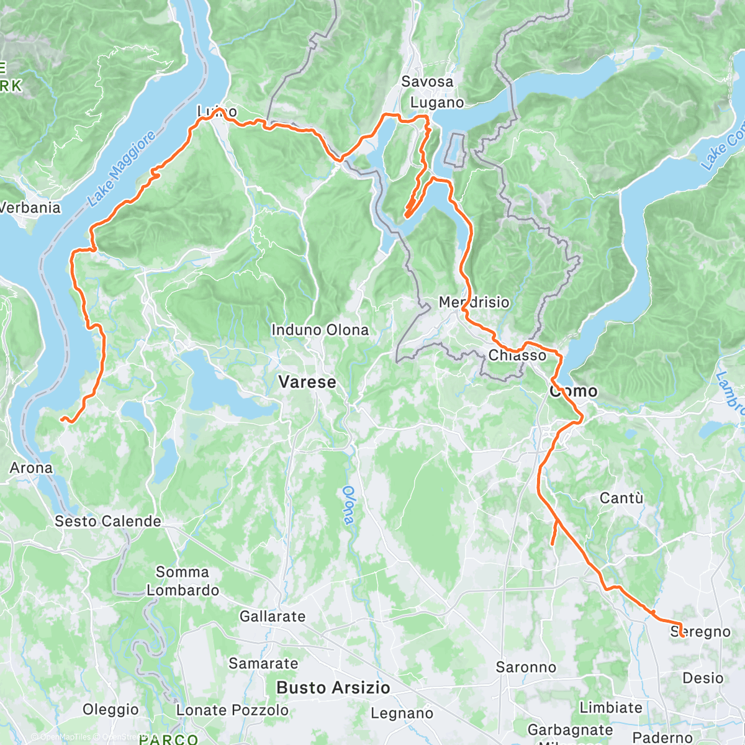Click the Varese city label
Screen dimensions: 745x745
pyautogui.click(x=307, y=382)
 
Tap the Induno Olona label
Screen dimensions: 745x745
pyautogui.click(x=320, y=330)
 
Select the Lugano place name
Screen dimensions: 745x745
pyautogui.click(x=437, y=102)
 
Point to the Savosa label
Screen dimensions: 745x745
pyautogui.click(x=427, y=81)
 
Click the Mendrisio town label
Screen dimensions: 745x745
pyautogui.click(x=474, y=302)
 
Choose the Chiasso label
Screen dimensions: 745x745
pyautogui.click(x=517, y=355)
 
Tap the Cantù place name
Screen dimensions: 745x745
pyautogui.click(x=621, y=498)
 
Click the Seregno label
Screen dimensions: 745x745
pyautogui.click(x=700, y=631)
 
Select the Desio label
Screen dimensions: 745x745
pyautogui.click(x=703, y=677)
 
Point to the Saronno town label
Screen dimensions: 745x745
pyautogui.click(x=526, y=667)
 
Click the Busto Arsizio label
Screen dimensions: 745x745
pyautogui.click(x=333, y=687)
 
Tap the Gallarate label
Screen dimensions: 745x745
pyautogui.click(x=273, y=616)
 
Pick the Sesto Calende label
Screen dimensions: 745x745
pyautogui.click(x=108, y=521)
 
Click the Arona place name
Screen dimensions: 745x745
pyautogui.click(x=31, y=467)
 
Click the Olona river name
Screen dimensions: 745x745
pyautogui.click(x=348, y=504)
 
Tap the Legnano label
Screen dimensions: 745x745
pyautogui.click(x=402, y=713)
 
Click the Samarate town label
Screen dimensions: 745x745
pyautogui.click(x=263, y=663)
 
